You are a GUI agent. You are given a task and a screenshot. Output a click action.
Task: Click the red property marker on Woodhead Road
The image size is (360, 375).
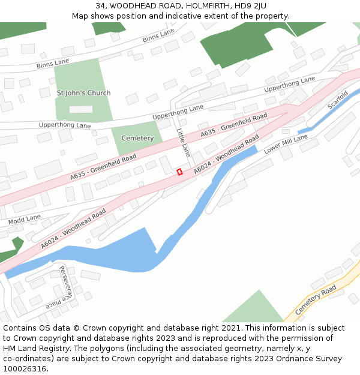(179, 172)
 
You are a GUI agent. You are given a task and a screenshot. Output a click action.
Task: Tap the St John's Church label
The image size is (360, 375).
(83, 93)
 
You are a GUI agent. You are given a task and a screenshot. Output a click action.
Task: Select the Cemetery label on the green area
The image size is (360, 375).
(137, 138)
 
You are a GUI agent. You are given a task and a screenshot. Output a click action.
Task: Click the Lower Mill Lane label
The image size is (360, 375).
(286, 144)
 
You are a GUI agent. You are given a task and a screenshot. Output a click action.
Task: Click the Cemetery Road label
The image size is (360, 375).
(316, 300)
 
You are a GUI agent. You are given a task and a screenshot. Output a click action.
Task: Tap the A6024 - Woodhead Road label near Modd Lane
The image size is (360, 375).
(73, 229)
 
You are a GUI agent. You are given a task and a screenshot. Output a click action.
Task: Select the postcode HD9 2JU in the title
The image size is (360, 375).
(252, 6)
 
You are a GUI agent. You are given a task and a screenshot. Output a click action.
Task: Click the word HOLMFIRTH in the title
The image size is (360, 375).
(204, 6)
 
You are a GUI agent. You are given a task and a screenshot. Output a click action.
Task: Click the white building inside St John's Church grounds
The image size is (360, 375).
(81, 109)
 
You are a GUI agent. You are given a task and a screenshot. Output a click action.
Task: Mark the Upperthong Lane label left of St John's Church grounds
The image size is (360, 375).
(65, 125)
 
